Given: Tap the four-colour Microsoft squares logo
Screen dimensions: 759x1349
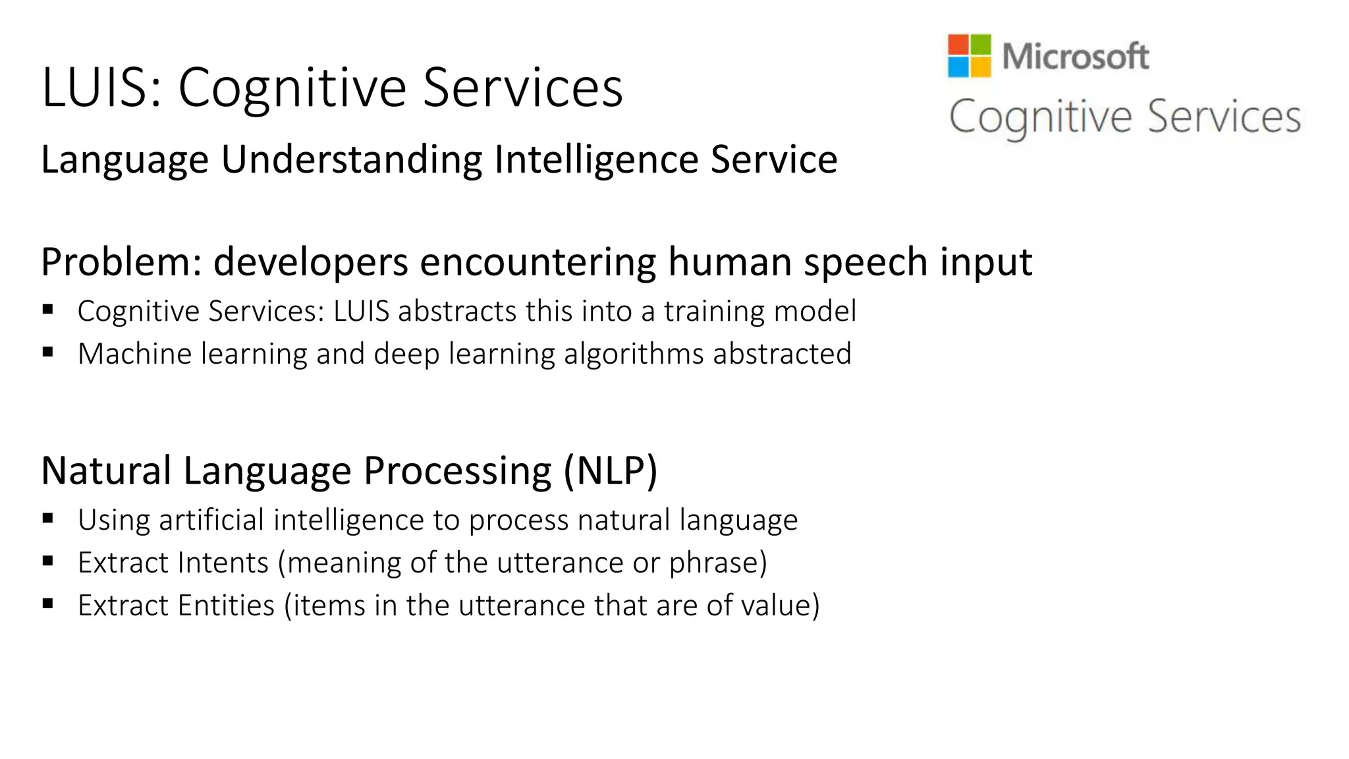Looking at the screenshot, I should pos(969,56).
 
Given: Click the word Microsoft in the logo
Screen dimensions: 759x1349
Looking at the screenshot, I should pos(1076,56).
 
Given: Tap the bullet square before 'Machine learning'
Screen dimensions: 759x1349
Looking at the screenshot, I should pos(47,352).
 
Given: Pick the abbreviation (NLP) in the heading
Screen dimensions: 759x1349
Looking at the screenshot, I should pos(611,470).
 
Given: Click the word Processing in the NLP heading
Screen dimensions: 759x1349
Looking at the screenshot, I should pos(457,470).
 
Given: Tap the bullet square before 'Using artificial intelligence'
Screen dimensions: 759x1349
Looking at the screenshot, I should pos(47,519).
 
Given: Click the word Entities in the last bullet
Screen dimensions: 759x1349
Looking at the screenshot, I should pos(226,605).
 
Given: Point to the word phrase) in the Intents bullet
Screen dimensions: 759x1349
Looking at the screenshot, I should pos(718,563).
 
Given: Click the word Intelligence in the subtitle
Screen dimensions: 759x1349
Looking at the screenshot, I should pos(596,159).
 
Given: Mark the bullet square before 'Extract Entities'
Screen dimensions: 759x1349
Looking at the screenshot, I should pos(47,604).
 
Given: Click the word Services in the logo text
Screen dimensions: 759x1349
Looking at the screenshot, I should pos(1224,117).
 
